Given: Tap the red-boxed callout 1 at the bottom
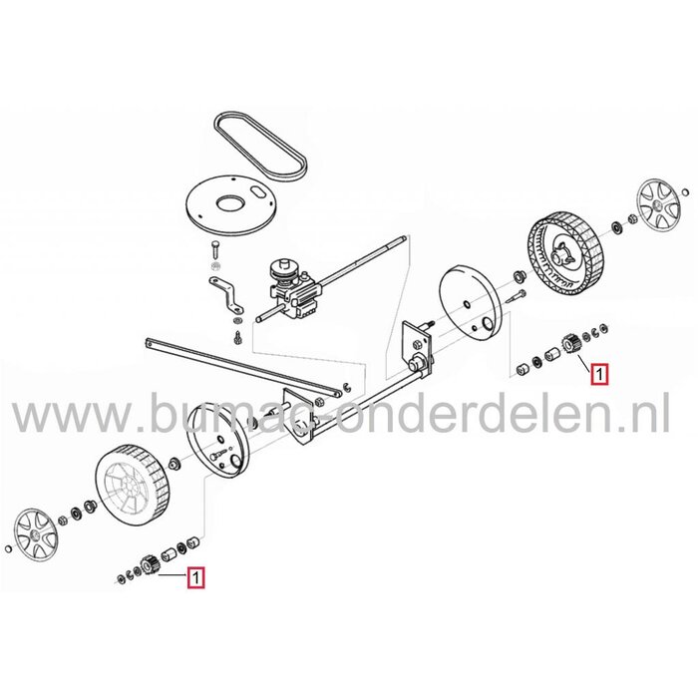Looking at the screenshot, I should click(196, 575).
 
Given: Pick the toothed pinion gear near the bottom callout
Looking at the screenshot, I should click(150, 562).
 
